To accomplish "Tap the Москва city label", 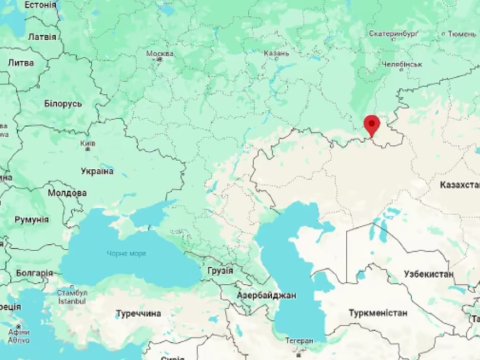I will [160, 54].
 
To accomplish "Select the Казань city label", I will [276, 54].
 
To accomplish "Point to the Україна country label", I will [97, 171].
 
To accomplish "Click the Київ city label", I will [88, 144].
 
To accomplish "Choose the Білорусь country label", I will [63, 103].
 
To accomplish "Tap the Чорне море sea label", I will [126, 253].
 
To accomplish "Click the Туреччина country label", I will [139, 313].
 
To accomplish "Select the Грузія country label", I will [220, 270].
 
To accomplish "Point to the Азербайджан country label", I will [266, 296].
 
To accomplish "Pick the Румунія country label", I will [31, 219].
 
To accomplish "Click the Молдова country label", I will [67, 192].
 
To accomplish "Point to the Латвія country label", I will [42, 36].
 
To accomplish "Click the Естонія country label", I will [40, 5].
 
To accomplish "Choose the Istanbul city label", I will [73, 299].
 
